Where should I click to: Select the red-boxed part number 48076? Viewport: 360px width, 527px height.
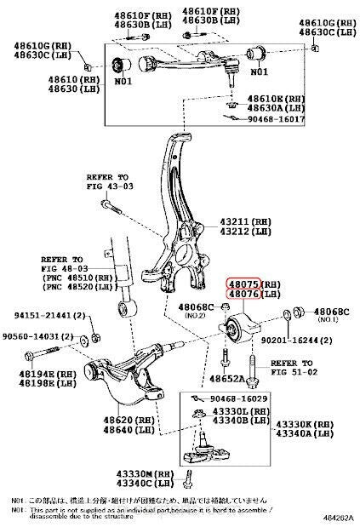[x=241, y=295]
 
